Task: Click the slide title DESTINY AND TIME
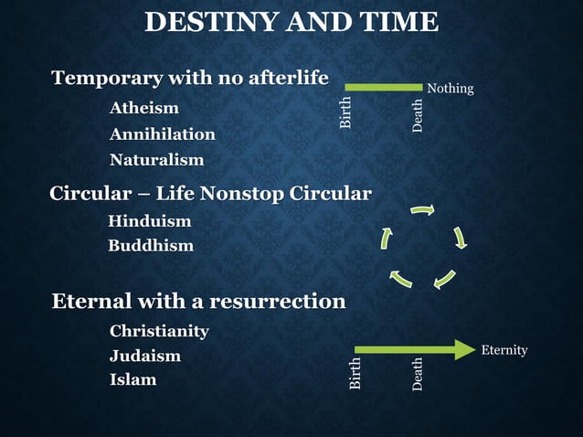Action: tap(291, 22)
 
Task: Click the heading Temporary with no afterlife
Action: tap(190, 79)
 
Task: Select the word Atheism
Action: tap(144, 109)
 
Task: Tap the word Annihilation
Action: tap(163, 134)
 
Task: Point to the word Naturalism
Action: tap(157, 160)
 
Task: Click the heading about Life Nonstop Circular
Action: tap(210, 194)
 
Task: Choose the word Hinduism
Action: tap(150, 221)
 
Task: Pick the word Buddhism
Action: tap(151, 246)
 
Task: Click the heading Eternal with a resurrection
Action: tap(198, 301)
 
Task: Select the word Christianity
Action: tap(159, 331)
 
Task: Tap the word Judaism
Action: tap(145, 356)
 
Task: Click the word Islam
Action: tap(132, 379)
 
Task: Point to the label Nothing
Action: tap(450, 89)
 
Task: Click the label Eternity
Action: tap(504, 350)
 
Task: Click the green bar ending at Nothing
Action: tap(384, 87)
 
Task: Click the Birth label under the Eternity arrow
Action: tap(355, 374)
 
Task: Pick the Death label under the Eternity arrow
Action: tap(418, 374)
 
